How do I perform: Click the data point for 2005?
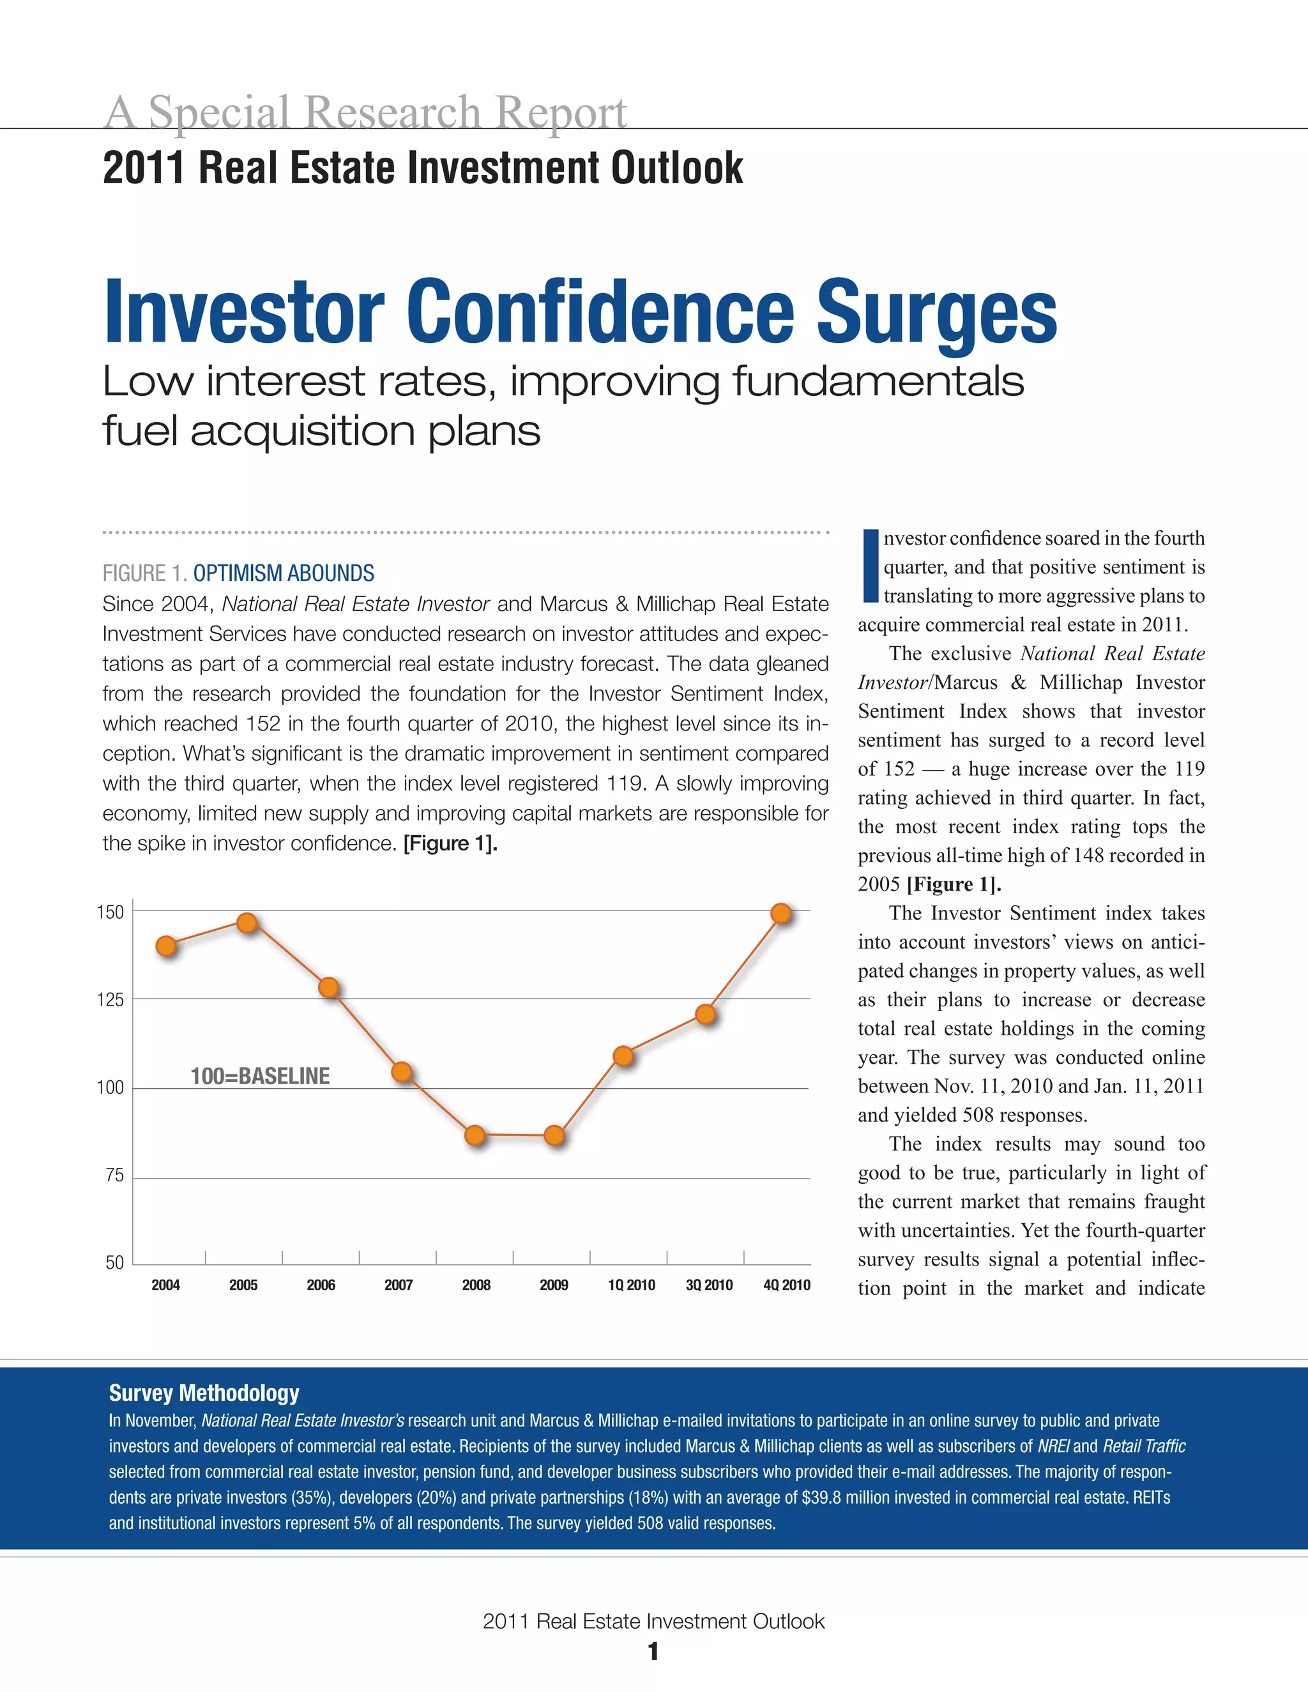pos(247,922)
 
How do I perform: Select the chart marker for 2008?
pos(475,1135)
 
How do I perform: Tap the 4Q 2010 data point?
pos(781,914)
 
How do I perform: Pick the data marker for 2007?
pos(401,1071)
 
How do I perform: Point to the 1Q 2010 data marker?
pos(623,1055)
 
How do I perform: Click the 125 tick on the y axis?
pos(110,999)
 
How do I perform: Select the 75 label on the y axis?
pos(114,1175)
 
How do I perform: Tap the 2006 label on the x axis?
pos(321,1285)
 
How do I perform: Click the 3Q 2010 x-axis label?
pos(708,1285)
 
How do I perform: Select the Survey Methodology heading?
pos(204,1393)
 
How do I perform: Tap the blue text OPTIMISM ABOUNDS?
pos(283,573)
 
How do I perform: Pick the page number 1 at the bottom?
pos(653,1652)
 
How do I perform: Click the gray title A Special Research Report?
pos(365,112)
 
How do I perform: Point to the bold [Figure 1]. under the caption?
pos(450,843)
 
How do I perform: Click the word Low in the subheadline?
pos(148,381)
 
